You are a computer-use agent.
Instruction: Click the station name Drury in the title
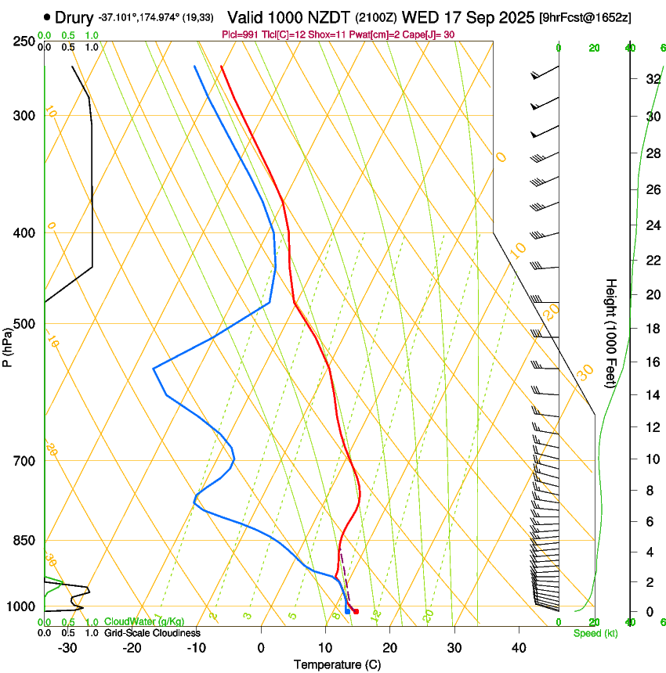pyautogui.click(x=74, y=16)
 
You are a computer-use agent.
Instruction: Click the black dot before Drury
pyautogui.click(x=48, y=16)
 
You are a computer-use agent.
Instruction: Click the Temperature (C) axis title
pyautogui.click(x=337, y=664)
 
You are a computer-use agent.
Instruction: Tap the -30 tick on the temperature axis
pyautogui.click(x=67, y=648)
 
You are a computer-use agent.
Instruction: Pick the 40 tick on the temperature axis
pyautogui.click(x=518, y=648)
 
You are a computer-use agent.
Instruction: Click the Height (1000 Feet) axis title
pyautogui.click(x=611, y=333)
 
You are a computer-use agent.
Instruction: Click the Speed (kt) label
pyautogui.click(x=595, y=633)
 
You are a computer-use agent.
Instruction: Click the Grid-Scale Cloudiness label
pyautogui.click(x=152, y=633)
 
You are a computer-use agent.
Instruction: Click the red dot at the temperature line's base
pyautogui.click(x=356, y=611)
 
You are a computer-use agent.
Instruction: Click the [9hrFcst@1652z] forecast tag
pyautogui.click(x=585, y=17)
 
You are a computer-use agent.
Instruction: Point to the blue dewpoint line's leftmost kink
pyautogui.click(x=154, y=368)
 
